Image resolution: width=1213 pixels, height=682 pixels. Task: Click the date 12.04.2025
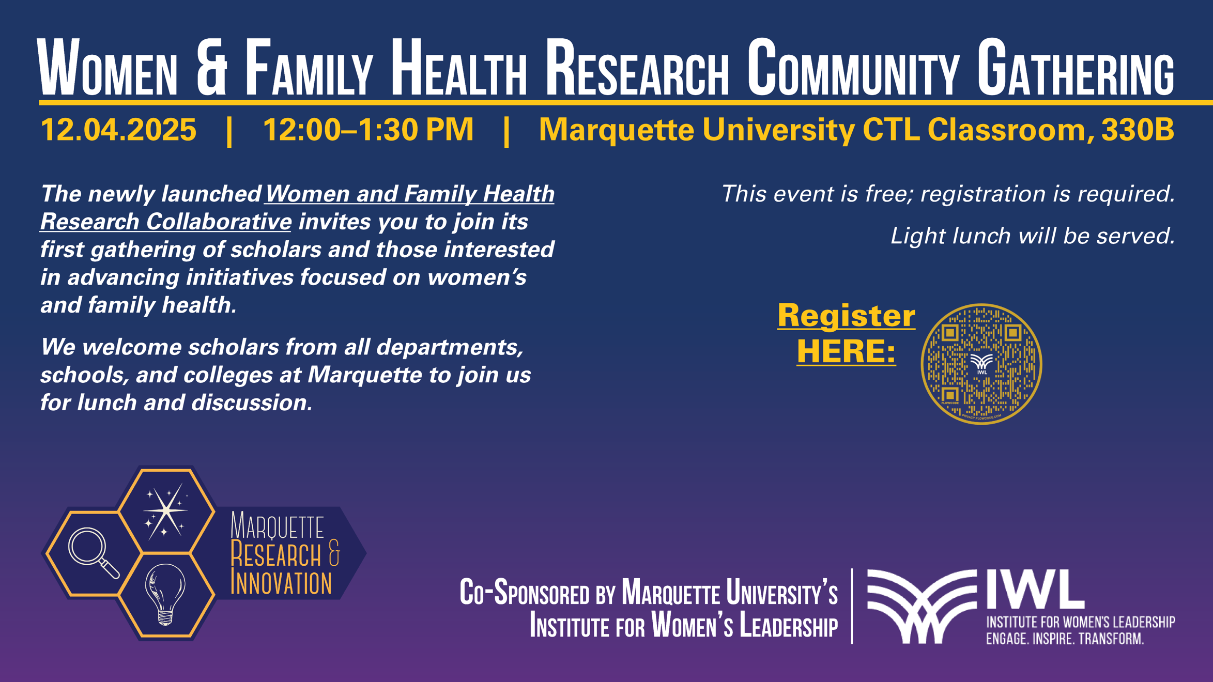118,129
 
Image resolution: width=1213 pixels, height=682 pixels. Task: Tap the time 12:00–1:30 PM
368,129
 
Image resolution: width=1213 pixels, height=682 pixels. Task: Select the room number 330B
1138,129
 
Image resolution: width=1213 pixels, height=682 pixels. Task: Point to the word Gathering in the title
1075,69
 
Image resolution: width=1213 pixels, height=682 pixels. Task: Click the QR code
981,364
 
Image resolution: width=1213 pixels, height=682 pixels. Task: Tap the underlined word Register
846,315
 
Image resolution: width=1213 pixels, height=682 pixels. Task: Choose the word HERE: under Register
846,351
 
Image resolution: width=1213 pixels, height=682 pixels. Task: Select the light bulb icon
165,594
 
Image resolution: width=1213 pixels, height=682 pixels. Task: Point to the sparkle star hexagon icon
165,510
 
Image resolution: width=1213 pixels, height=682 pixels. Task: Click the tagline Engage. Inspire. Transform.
1065,639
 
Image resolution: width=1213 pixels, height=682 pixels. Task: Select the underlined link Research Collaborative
166,222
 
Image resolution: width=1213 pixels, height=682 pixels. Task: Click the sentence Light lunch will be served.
1032,236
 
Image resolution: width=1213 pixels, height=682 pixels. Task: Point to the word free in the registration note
887,194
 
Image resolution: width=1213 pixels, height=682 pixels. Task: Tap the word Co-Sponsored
524,593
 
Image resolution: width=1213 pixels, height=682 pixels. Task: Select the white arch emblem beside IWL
922,606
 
